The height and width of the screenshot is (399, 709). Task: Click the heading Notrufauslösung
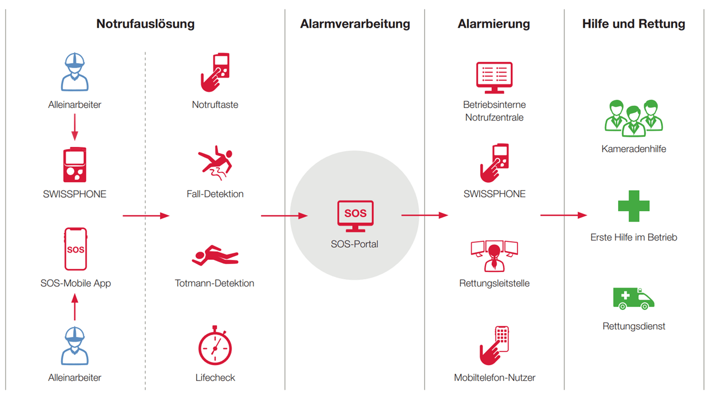(x=145, y=24)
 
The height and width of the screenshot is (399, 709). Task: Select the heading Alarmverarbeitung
(x=355, y=24)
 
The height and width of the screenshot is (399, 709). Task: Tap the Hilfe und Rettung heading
(x=634, y=24)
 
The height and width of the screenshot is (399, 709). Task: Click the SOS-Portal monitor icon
(x=355, y=216)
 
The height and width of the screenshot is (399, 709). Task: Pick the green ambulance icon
(x=633, y=299)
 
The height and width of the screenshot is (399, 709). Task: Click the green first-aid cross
(x=634, y=206)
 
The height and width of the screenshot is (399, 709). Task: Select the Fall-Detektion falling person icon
(x=215, y=163)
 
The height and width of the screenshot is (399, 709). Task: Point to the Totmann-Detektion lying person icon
(x=215, y=255)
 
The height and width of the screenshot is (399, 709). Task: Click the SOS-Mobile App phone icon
(x=75, y=249)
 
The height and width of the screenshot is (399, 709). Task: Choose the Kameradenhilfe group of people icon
(x=634, y=118)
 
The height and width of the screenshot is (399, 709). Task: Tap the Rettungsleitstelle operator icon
(x=494, y=256)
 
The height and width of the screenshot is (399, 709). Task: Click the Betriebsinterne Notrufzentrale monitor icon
(x=494, y=78)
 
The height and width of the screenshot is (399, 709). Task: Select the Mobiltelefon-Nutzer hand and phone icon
(x=494, y=345)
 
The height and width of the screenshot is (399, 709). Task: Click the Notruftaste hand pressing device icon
(x=215, y=73)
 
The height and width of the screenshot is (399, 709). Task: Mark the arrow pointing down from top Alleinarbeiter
(x=75, y=127)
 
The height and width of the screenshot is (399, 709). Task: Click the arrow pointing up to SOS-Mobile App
(x=75, y=307)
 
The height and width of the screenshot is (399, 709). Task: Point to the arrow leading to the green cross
(x=564, y=216)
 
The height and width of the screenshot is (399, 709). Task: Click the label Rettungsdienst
(x=634, y=326)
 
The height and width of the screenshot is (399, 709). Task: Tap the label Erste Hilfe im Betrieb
(x=634, y=237)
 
